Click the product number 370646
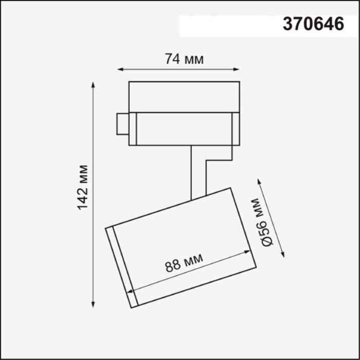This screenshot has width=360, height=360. click(313, 24)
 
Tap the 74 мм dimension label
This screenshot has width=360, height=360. click(184, 59)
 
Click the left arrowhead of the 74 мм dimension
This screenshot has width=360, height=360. click(120, 68)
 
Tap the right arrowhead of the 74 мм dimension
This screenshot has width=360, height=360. click(237, 68)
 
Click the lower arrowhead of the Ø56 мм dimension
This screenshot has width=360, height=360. click(283, 254)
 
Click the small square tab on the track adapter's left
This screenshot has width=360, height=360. click(122, 123)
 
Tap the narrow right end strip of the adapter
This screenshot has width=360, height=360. click(236, 129)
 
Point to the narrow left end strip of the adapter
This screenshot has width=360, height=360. click(133, 129)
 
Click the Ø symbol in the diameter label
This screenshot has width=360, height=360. click(267, 240)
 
